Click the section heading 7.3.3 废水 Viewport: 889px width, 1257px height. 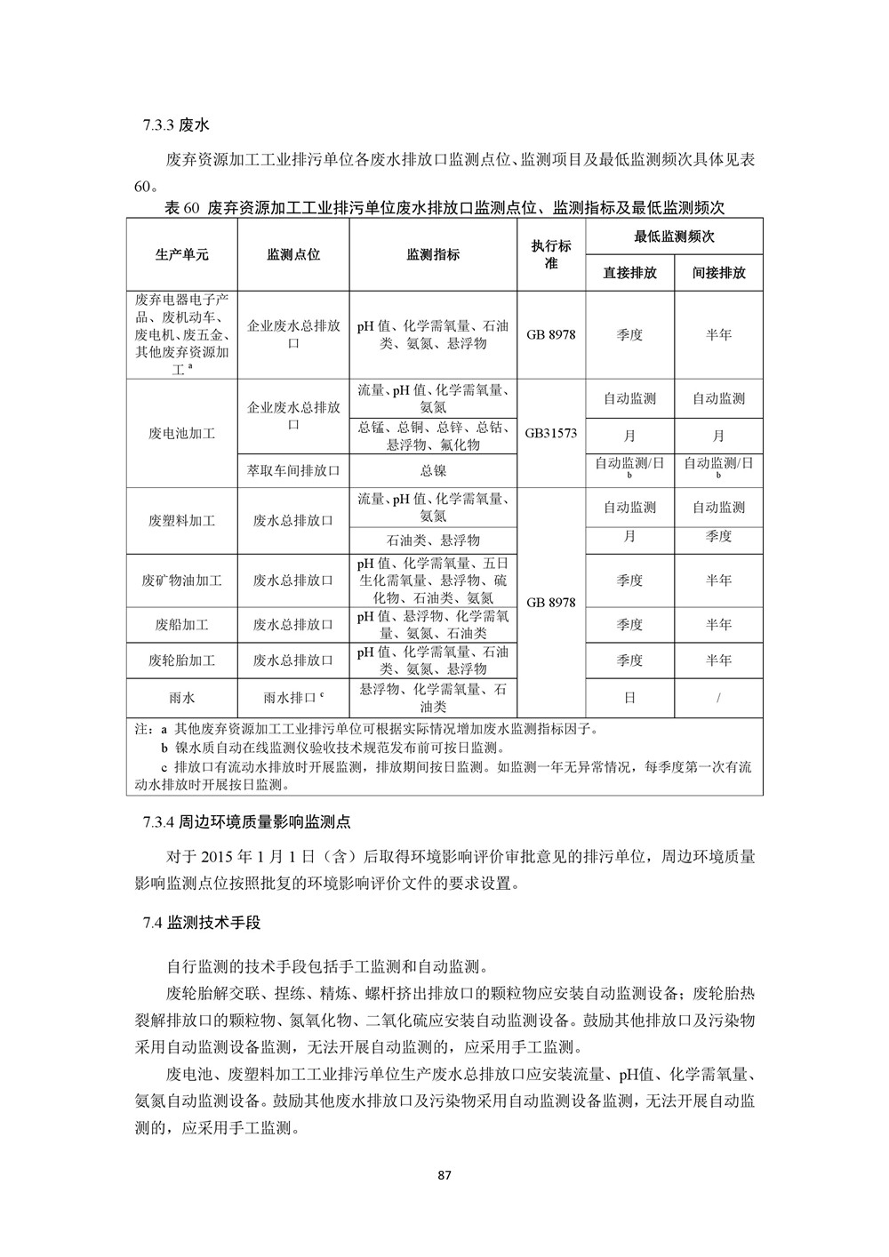(x=175, y=124)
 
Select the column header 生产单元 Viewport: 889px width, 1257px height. (x=181, y=254)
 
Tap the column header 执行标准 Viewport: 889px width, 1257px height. (x=551, y=254)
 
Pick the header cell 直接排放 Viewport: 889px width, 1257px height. (x=629, y=273)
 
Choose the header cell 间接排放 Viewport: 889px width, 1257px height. (x=718, y=273)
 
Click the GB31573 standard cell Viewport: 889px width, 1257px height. (x=551, y=434)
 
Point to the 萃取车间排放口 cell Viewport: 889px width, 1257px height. (x=293, y=470)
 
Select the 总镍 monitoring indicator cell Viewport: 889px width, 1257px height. (x=433, y=470)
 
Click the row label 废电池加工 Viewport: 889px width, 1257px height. (x=181, y=434)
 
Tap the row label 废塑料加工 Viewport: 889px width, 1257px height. (x=181, y=520)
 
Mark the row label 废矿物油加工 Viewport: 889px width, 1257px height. (x=181, y=580)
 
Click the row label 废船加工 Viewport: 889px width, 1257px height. (x=181, y=625)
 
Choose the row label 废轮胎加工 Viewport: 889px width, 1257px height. (x=181, y=661)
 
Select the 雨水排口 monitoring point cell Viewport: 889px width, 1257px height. (x=293, y=698)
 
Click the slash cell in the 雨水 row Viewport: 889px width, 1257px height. (x=718, y=698)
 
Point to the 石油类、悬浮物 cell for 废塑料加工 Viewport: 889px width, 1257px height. (x=433, y=540)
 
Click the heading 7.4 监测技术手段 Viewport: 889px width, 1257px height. (x=201, y=923)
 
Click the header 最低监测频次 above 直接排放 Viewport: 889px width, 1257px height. (x=674, y=236)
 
